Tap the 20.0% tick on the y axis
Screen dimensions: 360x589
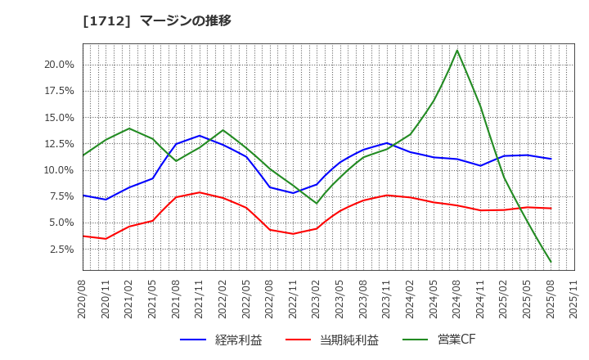pos(59,65)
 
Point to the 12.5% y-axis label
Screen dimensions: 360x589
pos(59,144)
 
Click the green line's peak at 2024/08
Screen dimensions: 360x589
pos(457,50)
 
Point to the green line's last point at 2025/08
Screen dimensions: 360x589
pos(551,262)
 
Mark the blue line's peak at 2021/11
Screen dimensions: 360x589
pos(200,136)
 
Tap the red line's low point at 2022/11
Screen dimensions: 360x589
pos(293,234)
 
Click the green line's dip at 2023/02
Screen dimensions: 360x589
pos(317,203)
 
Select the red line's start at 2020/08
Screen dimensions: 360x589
pos(83,236)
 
